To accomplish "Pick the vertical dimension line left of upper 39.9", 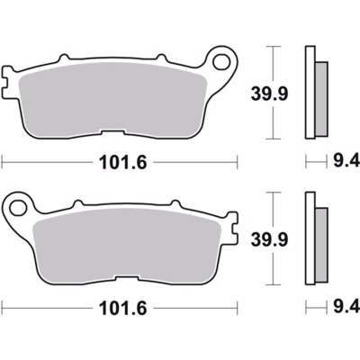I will coord(270,92).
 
